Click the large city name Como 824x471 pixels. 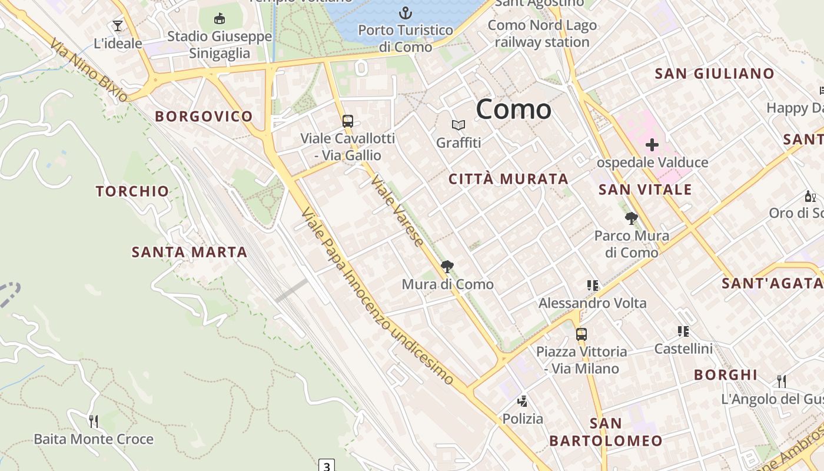[513, 110]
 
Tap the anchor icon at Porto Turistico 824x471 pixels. [406, 13]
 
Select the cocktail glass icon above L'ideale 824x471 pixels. [118, 26]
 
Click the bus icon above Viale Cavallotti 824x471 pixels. [348, 121]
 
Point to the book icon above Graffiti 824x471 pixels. [458, 125]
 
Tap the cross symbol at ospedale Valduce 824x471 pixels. [652, 144]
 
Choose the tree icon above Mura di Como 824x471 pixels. [447, 267]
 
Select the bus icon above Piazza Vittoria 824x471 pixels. [582, 334]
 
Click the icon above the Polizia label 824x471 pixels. [522, 402]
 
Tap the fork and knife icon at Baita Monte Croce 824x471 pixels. [93, 421]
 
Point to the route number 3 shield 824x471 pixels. [327, 465]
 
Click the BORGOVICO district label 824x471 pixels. [204, 117]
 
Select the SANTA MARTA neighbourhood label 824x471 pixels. [189, 253]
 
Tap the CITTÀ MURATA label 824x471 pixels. [509, 179]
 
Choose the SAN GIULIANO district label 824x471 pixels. [715, 74]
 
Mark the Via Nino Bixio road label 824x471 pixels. [89, 71]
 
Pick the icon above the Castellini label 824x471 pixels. [683, 331]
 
